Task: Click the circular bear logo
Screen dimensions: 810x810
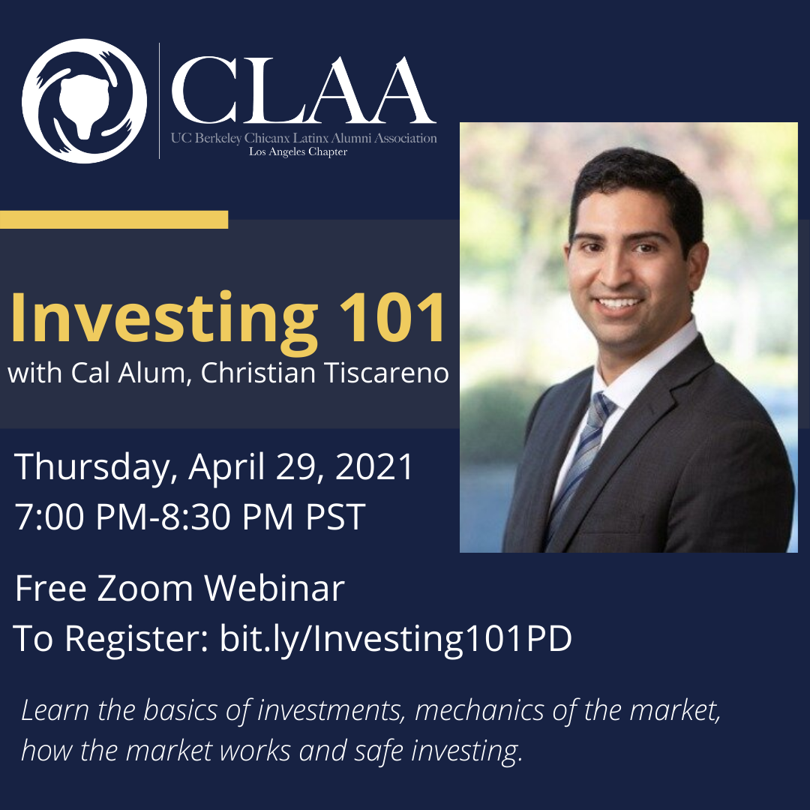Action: (x=84, y=101)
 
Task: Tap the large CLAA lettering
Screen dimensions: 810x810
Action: (x=304, y=91)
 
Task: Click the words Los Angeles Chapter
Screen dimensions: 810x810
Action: (x=298, y=151)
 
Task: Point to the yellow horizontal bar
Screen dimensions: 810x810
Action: (x=114, y=219)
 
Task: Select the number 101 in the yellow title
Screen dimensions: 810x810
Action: (x=392, y=316)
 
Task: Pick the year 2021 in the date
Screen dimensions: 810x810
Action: (x=374, y=466)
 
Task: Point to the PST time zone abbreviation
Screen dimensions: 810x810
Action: (x=335, y=516)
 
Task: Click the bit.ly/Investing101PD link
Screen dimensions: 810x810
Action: (x=396, y=638)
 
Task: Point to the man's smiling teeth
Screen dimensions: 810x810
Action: (x=619, y=303)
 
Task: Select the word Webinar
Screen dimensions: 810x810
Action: (x=274, y=588)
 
